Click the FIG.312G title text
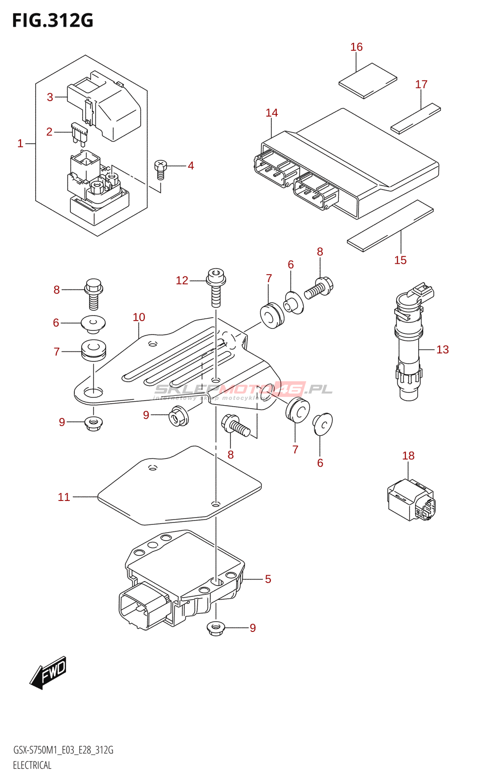tap(53, 21)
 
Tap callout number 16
tap(356, 47)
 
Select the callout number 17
tap(421, 85)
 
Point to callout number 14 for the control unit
tap(272, 113)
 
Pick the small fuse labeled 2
tap(79, 133)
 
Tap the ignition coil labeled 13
tap(409, 347)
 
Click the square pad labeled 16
tap(368, 81)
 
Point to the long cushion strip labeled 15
tap(390, 225)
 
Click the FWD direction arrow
tap(48, 673)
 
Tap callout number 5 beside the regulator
tap(268, 579)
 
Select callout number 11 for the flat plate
tap(64, 497)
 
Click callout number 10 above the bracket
tap(139, 317)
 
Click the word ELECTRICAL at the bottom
tap(32, 765)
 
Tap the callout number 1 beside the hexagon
tap(21, 143)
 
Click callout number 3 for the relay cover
tap(50, 97)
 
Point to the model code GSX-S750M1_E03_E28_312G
tap(63, 750)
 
